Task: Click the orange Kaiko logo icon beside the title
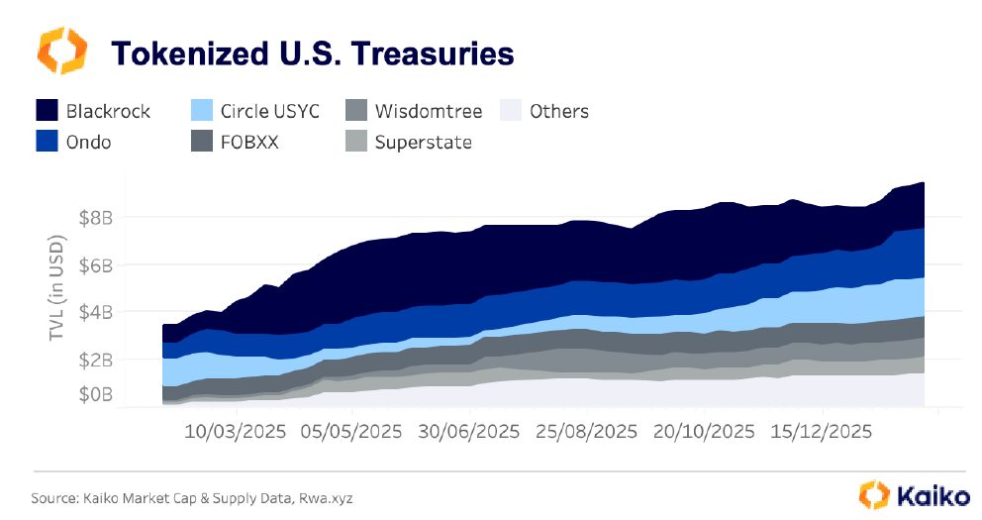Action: [61, 51]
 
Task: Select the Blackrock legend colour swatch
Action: [47, 110]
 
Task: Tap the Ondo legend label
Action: [88, 142]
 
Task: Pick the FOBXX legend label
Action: [249, 142]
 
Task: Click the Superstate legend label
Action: [423, 142]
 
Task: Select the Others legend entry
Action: [558, 110]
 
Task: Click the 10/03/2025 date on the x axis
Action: [236, 432]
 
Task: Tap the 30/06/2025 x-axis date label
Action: [469, 432]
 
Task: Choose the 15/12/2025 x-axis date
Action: [821, 432]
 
